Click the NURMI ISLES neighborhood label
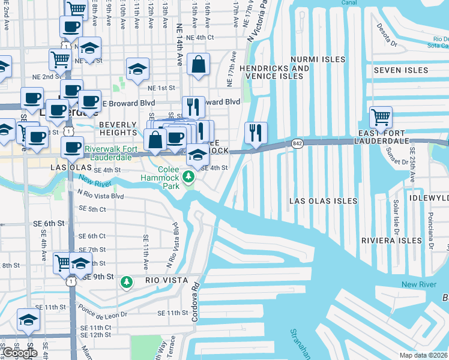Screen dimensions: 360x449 coord(318,59)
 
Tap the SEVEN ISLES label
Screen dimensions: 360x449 coord(400,70)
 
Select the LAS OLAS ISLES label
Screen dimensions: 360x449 coord(323,201)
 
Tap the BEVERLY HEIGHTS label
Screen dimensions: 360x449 coord(115,128)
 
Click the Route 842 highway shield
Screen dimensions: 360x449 coord(297,143)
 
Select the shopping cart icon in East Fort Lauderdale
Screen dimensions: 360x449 coord(381,116)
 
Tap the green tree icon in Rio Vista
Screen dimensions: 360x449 coord(126,281)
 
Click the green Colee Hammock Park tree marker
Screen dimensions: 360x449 coord(189,176)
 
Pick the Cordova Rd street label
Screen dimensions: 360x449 coord(195,308)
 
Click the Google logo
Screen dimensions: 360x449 coord(20,352)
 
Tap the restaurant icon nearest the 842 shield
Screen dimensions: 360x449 coord(256,132)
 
